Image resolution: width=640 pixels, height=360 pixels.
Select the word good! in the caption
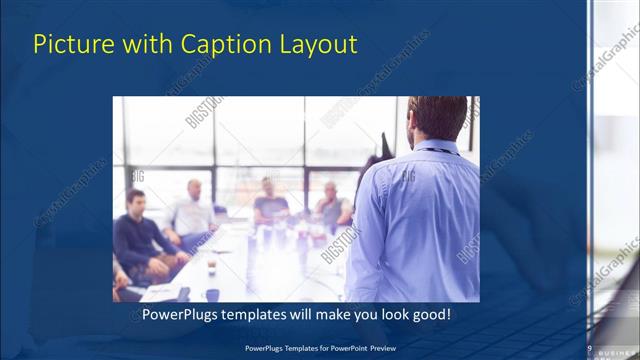coord(430,314)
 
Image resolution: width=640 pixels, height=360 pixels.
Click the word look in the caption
coord(386,314)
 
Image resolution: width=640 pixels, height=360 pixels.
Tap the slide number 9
coord(590,348)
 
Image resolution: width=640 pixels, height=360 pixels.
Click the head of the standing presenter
coord(437,116)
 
